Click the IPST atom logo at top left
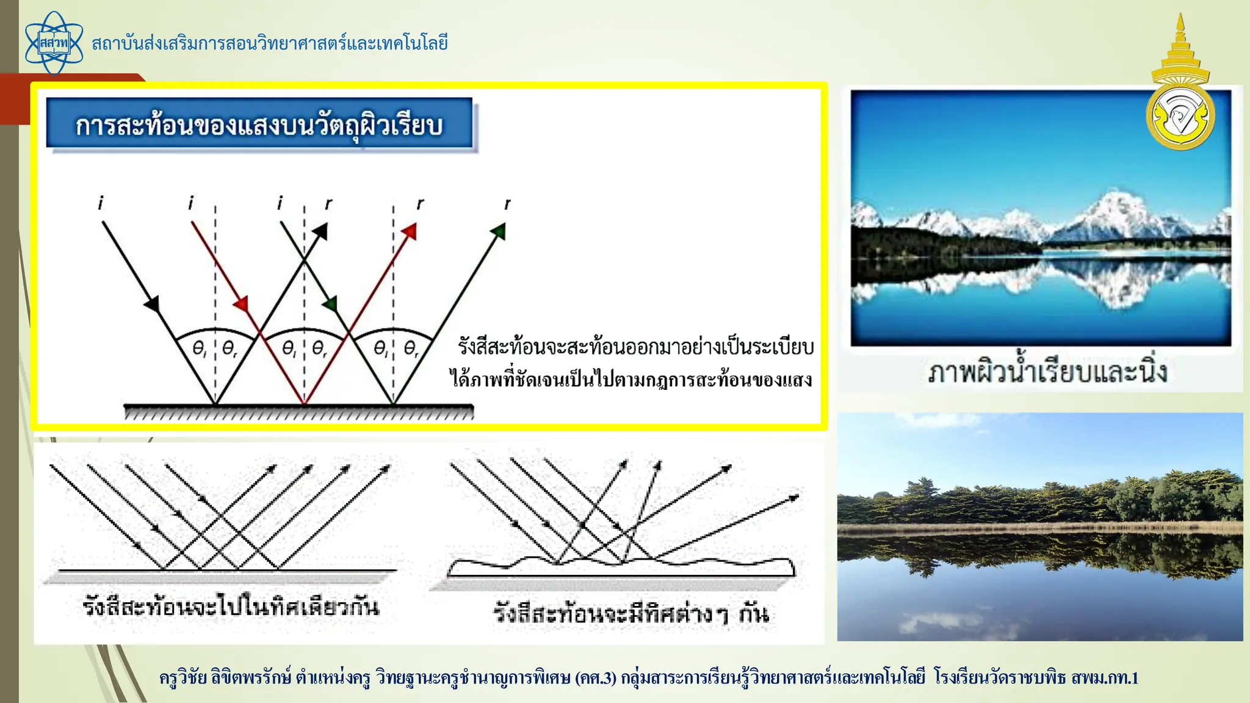point(54,43)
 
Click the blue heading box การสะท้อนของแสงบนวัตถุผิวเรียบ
point(259,124)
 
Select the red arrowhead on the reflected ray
point(410,232)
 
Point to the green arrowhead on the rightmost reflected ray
point(499,231)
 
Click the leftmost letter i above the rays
point(101,203)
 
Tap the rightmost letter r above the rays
point(507,204)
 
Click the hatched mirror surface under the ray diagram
point(298,413)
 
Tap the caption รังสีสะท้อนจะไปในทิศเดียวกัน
point(231,607)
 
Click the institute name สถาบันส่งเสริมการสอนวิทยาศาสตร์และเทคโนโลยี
point(270,43)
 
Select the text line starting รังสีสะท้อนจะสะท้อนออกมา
point(635,347)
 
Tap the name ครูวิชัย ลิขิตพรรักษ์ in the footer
point(225,678)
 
